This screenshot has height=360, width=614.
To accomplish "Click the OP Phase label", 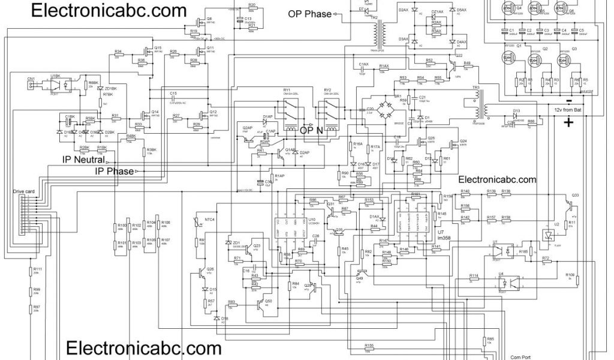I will [309, 14].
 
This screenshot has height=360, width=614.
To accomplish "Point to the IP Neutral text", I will [84, 160].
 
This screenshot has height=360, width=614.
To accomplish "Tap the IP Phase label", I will [114, 172].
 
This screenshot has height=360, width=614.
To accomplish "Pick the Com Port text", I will [520, 356].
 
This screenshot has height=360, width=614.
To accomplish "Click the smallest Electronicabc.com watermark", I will [497, 179].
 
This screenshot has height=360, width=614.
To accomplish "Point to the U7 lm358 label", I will [444, 235].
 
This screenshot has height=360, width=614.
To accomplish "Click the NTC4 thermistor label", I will [210, 220].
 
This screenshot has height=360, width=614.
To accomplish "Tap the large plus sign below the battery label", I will [568, 124].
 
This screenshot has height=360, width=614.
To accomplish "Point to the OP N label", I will [312, 130].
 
